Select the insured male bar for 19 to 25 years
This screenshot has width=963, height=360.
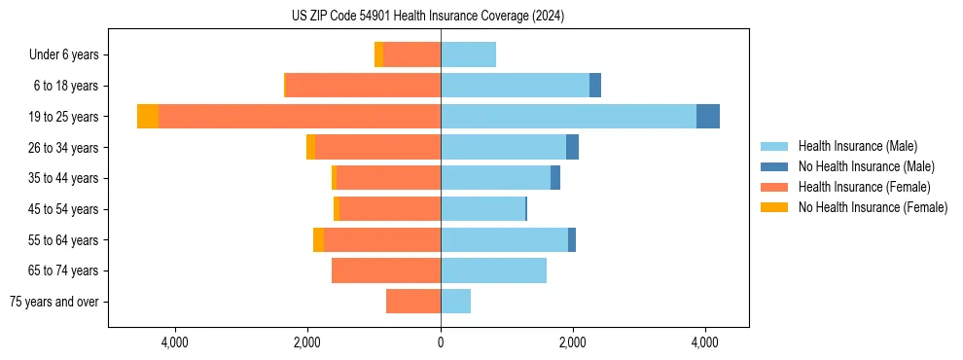click(x=568, y=117)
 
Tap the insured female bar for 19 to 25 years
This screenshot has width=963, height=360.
click(x=300, y=117)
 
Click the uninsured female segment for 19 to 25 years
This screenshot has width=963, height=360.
click(x=148, y=117)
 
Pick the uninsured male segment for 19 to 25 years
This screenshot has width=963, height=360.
click(x=708, y=117)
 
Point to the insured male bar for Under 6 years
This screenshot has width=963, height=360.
click(x=468, y=55)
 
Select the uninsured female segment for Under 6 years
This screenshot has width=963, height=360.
click(x=378, y=55)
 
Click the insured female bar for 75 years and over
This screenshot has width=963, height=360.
click(x=413, y=302)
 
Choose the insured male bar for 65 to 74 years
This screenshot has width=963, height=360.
click(x=493, y=270)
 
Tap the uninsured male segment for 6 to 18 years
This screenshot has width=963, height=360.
click(x=595, y=86)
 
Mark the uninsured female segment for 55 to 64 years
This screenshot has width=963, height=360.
click(x=318, y=240)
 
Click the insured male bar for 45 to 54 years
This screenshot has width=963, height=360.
click(x=482, y=209)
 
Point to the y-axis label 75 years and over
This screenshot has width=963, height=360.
click(x=53, y=302)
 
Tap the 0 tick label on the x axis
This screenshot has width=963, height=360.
click(x=441, y=342)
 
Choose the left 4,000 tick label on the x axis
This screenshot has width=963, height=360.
click(x=175, y=342)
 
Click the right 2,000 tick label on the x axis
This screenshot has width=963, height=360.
click(x=573, y=342)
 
